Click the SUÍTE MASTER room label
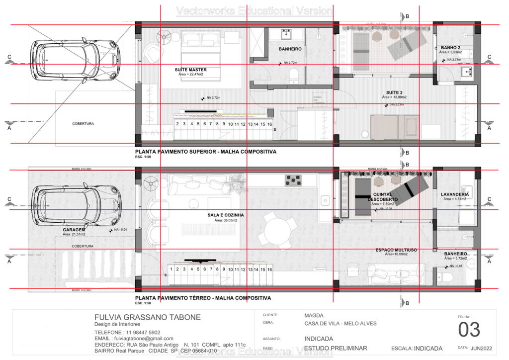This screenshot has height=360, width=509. coord(190,70)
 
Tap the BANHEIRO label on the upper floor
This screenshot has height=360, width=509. coord(290,49)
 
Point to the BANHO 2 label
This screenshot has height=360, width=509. coord(450,48)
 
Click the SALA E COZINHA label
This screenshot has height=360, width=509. coord(226,215)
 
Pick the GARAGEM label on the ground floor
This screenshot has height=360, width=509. coord(73,230)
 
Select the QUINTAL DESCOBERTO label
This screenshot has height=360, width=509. coord(382,197)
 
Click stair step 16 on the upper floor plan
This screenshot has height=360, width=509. coord(269,124)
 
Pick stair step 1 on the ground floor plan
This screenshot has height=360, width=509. coord(171,269)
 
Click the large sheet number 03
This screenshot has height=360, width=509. coord(469,330)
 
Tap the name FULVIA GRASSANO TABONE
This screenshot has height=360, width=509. coord(148,317)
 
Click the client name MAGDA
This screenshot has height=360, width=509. coord(314,315)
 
